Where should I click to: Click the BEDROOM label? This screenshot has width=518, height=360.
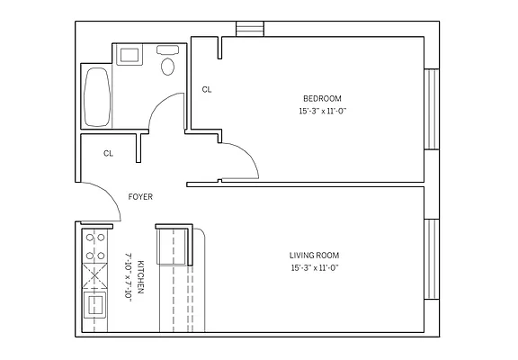[321, 98]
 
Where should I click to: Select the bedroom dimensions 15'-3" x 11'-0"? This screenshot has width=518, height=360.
[321, 111]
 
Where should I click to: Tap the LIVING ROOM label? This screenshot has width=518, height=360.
[314, 255]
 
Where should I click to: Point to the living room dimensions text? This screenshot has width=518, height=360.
[314, 267]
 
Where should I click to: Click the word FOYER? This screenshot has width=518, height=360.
[139, 196]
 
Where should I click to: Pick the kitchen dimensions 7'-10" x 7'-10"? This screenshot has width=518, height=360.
[129, 277]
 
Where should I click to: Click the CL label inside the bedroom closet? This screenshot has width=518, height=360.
[207, 89]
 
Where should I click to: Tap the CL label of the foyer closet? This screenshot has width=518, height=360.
[108, 153]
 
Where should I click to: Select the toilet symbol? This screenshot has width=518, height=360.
[166, 63]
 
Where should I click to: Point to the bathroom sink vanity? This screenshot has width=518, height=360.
[129, 55]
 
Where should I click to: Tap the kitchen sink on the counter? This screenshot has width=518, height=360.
[94, 307]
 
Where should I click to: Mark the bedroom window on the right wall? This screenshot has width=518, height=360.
[431, 109]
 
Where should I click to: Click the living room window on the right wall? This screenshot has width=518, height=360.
[431, 261]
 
